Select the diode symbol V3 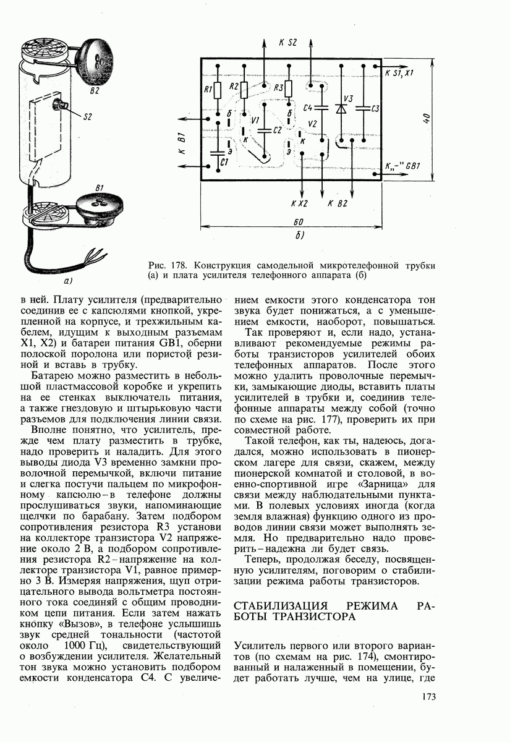[340, 109]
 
